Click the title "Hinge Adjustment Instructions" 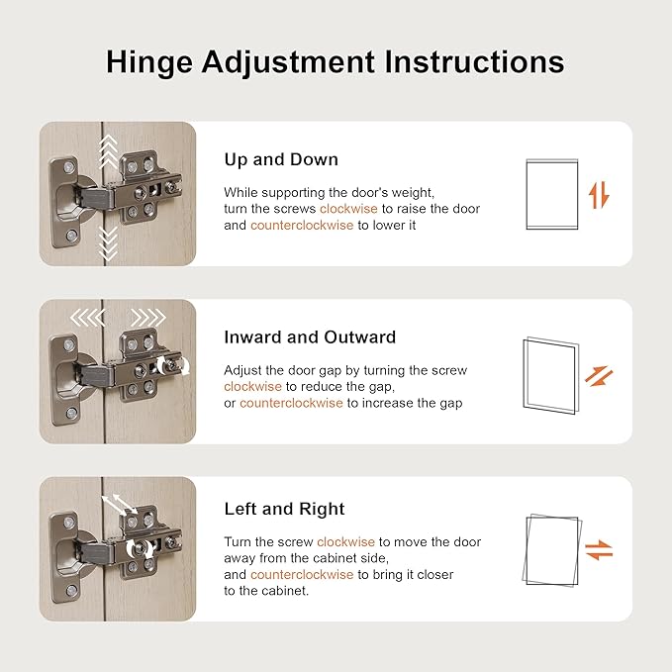(x=336, y=62)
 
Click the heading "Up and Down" (x=281, y=159)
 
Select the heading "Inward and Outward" (x=310, y=337)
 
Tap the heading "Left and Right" (x=285, y=509)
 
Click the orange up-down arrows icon (x=599, y=195)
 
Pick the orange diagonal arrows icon (x=599, y=376)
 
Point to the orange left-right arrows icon (x=599, y=550)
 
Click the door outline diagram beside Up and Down (x=552, y=194)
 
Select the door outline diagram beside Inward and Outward (x=551, y=375)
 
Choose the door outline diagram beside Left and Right (x=552, y=550)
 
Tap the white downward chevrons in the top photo (x=108, y=243)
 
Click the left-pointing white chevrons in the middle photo (x=87, y=318)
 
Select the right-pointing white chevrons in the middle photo (x=148, y=318)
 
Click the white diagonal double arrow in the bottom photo (x=120, y=505)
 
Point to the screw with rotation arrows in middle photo (x=172, y=365)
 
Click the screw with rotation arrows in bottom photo (x=140, y=548)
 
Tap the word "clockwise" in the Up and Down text (x=348, y=209)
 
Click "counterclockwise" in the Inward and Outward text (x=291, y=403)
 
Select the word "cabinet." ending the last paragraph (x=285, y=591)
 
